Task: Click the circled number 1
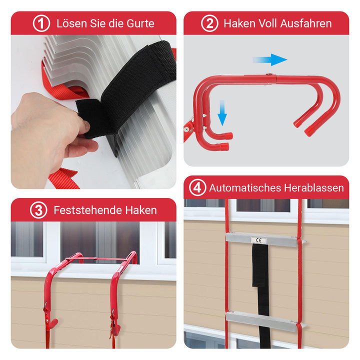coord(41,23)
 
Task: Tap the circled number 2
coord(209,23)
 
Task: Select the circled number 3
coord(38,210)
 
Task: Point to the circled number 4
coord(197,188)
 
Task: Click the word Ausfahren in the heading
coord(306,23)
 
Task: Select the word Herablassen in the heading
coord(314,188)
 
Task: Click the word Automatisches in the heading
coord(245,188)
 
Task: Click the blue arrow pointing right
coord(270,59)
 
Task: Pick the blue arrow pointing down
coord(222,112)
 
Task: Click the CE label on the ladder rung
coord(259,240)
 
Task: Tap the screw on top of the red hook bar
coord(268,74)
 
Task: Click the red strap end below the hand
coord(63,178)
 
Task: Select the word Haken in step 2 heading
coord(239,23)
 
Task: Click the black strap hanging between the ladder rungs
coord(261,294)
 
